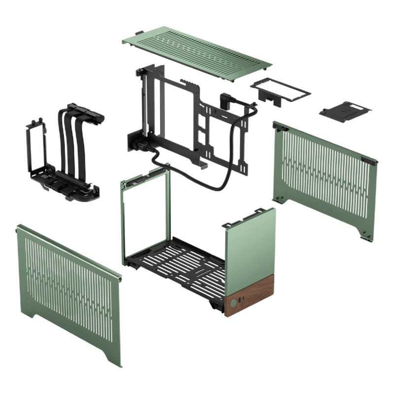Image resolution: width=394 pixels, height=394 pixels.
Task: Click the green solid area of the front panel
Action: pos(251,246)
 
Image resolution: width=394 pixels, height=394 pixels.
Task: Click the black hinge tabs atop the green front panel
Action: pos(231,224)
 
